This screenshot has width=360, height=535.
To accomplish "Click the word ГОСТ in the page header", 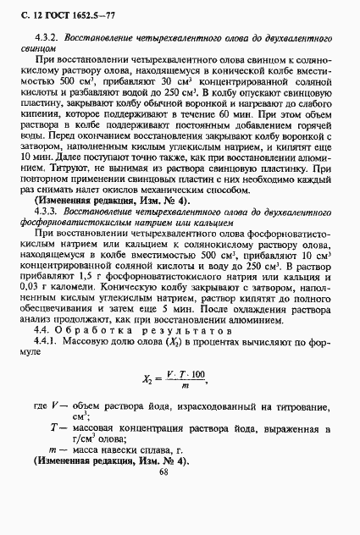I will click(x=51, y=12).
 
